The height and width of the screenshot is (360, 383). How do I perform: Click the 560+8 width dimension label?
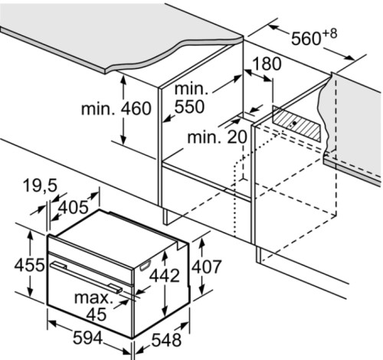click(314, 37)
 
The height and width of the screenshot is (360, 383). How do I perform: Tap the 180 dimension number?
click(267, 64)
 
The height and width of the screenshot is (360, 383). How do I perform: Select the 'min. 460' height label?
click(116, 109)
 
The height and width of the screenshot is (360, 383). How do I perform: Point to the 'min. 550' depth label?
click(189, 97)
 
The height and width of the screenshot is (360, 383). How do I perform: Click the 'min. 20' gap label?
click(218, 137)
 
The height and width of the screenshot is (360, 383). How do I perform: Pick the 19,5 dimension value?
click(40, 185)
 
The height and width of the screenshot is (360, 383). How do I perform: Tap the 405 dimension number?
click(74, 208)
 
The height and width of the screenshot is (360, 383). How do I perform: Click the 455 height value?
click(29, 265)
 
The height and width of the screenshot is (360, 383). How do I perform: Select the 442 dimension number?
click(165, 276)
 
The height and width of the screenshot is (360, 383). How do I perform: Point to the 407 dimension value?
click(206, 267)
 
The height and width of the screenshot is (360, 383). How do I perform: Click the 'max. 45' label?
click(93, 306)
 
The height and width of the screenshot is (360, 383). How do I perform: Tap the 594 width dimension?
click(88, 339)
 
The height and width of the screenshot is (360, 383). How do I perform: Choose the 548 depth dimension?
click(166, 340)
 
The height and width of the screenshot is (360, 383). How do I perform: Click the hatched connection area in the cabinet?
click(296, 123)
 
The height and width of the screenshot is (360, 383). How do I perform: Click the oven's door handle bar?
click(86, 277)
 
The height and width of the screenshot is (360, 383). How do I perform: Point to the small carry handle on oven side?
click(145, 265)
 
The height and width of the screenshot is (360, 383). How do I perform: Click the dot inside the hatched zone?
click(294, 123)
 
